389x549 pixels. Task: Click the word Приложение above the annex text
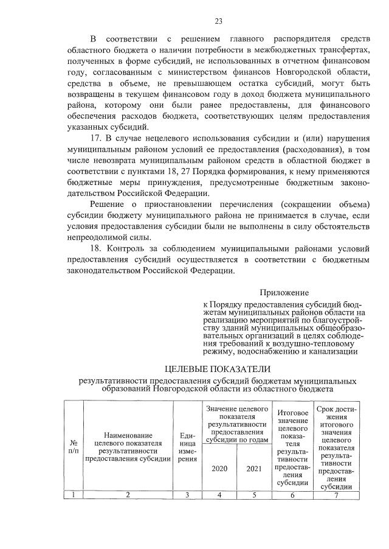[x=284, y=292]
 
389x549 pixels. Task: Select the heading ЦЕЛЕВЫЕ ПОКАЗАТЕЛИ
[x=218, y=369]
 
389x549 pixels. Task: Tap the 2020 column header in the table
[x=219, y=469]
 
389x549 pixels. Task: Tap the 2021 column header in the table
[x=253, y=469]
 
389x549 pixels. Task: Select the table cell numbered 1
[x=74, y=495]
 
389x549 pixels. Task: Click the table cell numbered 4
[x=219, y=495]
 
